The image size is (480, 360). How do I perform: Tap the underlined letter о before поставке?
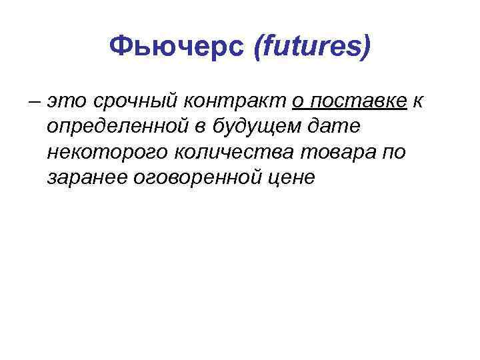pyautogui.click(x=298, y=102)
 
